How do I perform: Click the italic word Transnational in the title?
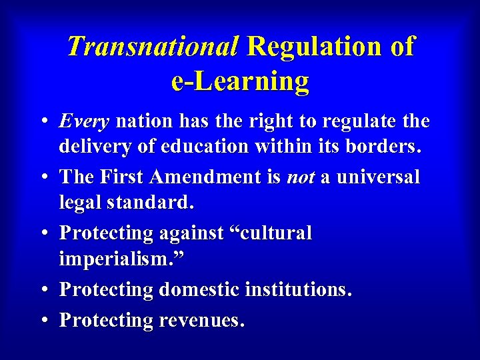point(152,47)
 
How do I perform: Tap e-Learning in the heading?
point(240,81)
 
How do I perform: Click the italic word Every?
point(84,122)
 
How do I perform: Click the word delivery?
point(92,145)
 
